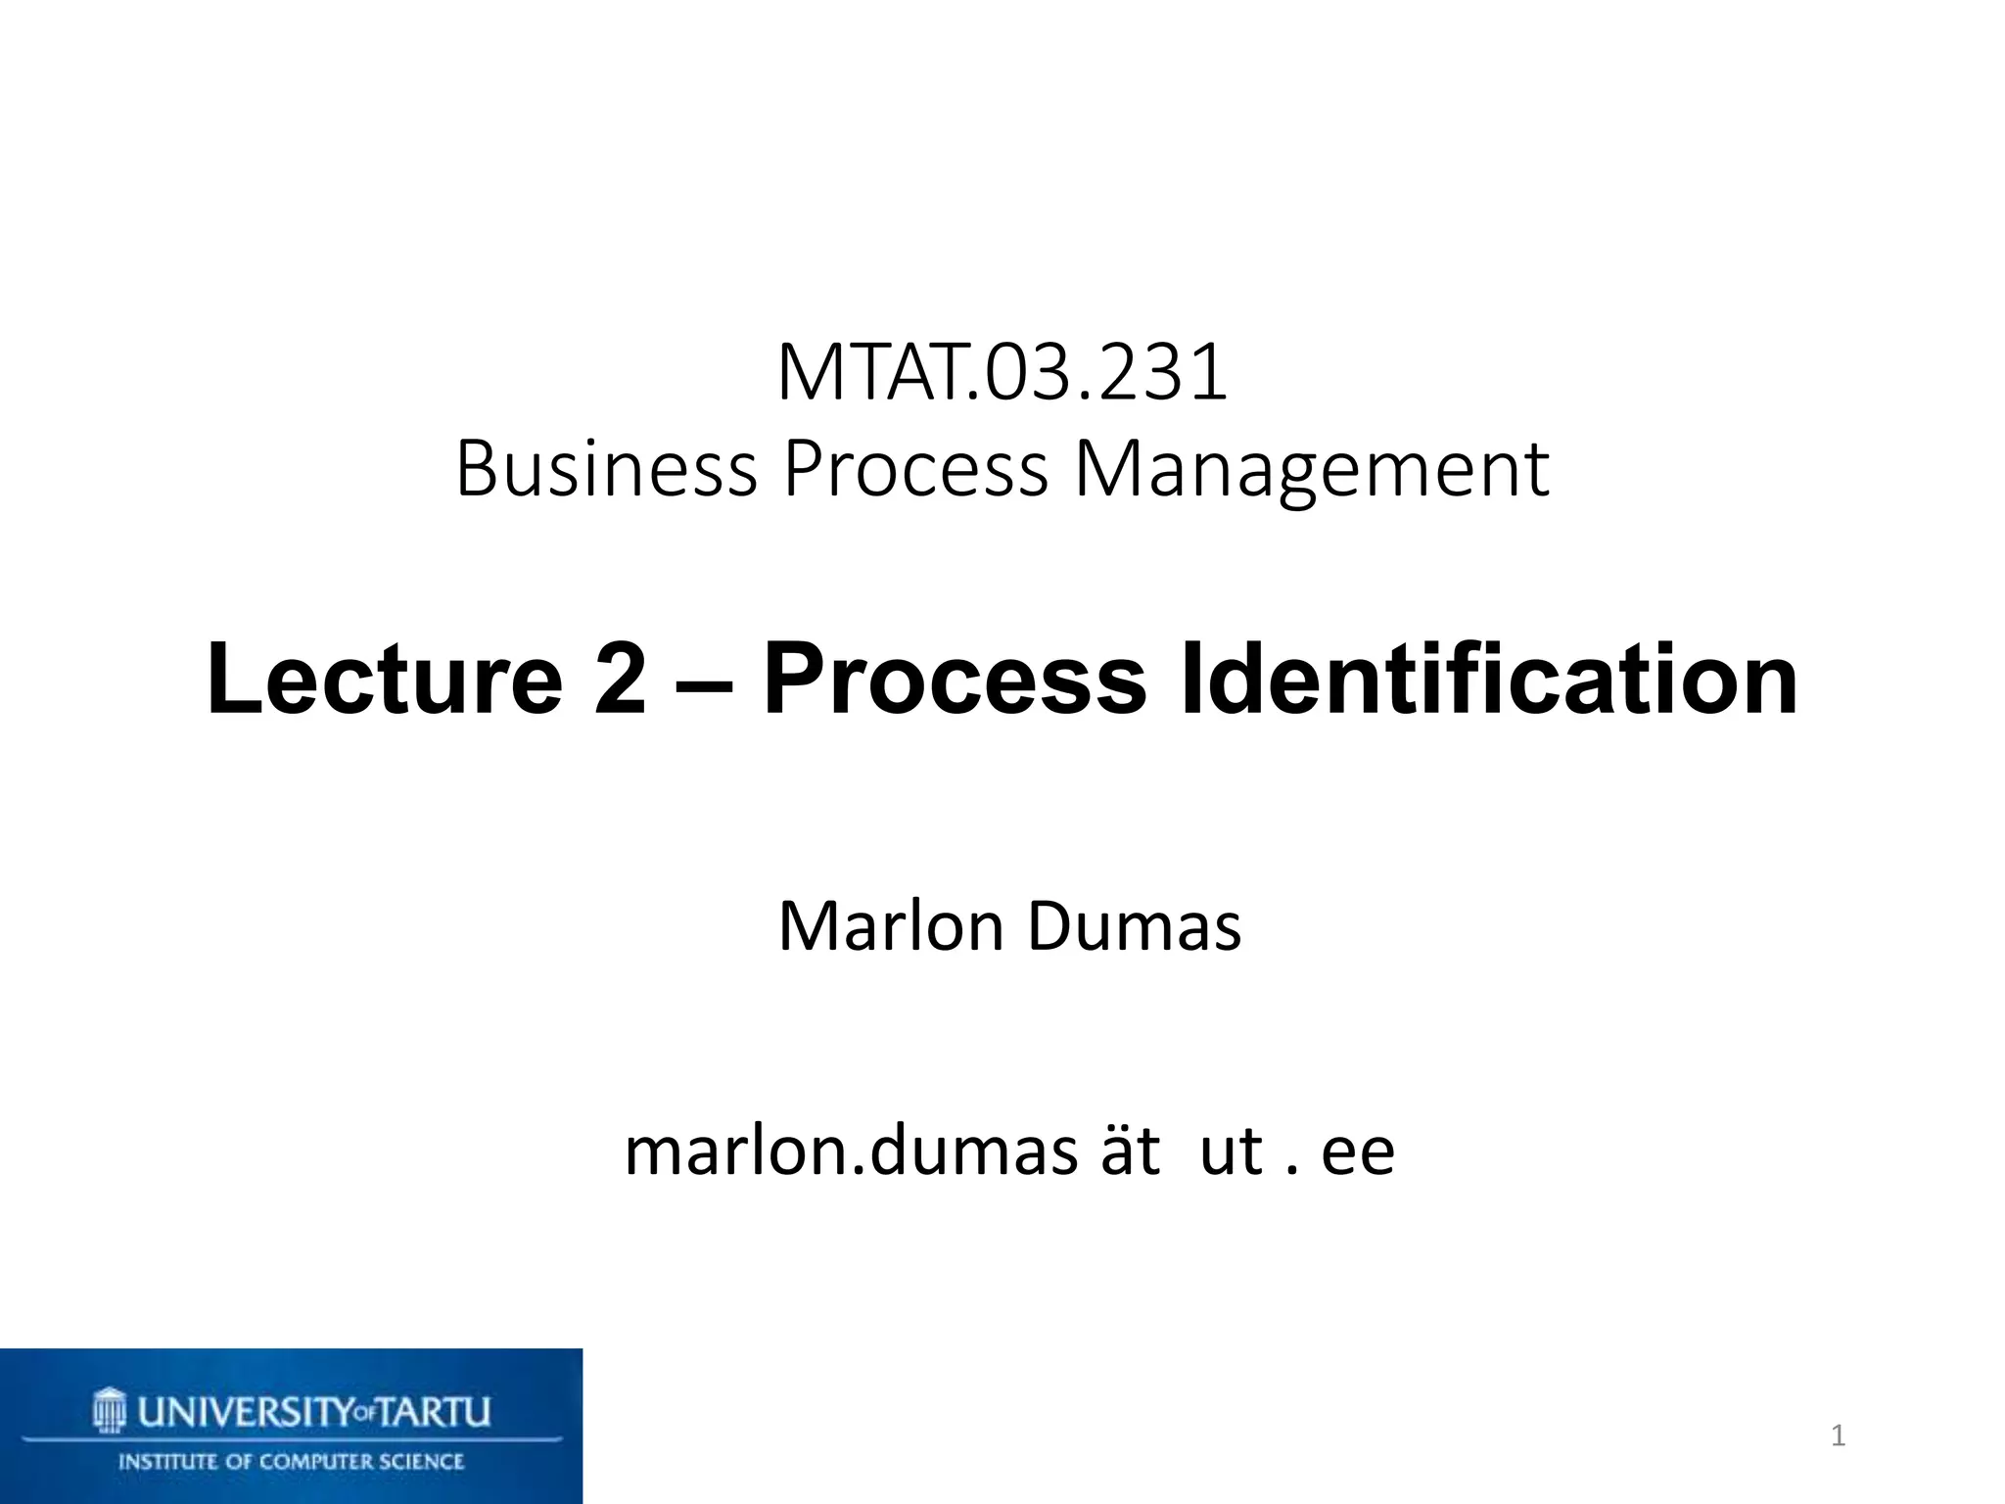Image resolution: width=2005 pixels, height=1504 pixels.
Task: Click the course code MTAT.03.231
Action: (x=1002, y=373)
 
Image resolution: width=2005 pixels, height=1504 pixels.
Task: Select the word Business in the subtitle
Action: (x=606, y=469)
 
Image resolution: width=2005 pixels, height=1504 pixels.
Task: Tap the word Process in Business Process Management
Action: (x=915, y=469)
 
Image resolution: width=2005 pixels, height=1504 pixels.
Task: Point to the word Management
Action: (x=1312, y=471)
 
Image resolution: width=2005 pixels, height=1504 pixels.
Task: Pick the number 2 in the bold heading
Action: (x=621, y=679)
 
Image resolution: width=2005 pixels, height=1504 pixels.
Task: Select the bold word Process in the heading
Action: (x=955, y=679)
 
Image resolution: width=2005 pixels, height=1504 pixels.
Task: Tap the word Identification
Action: (x=1489, y=679)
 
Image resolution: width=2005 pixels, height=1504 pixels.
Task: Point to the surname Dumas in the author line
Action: (x=1135, y=926)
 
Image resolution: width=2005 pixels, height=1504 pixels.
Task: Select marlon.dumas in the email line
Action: (x=851, y=1151)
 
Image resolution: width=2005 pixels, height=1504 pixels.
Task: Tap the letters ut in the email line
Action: (x=1231, y=1152)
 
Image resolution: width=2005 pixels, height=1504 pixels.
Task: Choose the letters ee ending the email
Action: (x=1358, y=1153)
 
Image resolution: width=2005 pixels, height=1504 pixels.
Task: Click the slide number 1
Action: (x=1838, y=1436)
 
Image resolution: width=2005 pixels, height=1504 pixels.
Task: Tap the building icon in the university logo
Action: (x=110, y=1410)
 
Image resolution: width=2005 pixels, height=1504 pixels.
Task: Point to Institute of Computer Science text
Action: (x=292, y=1462)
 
